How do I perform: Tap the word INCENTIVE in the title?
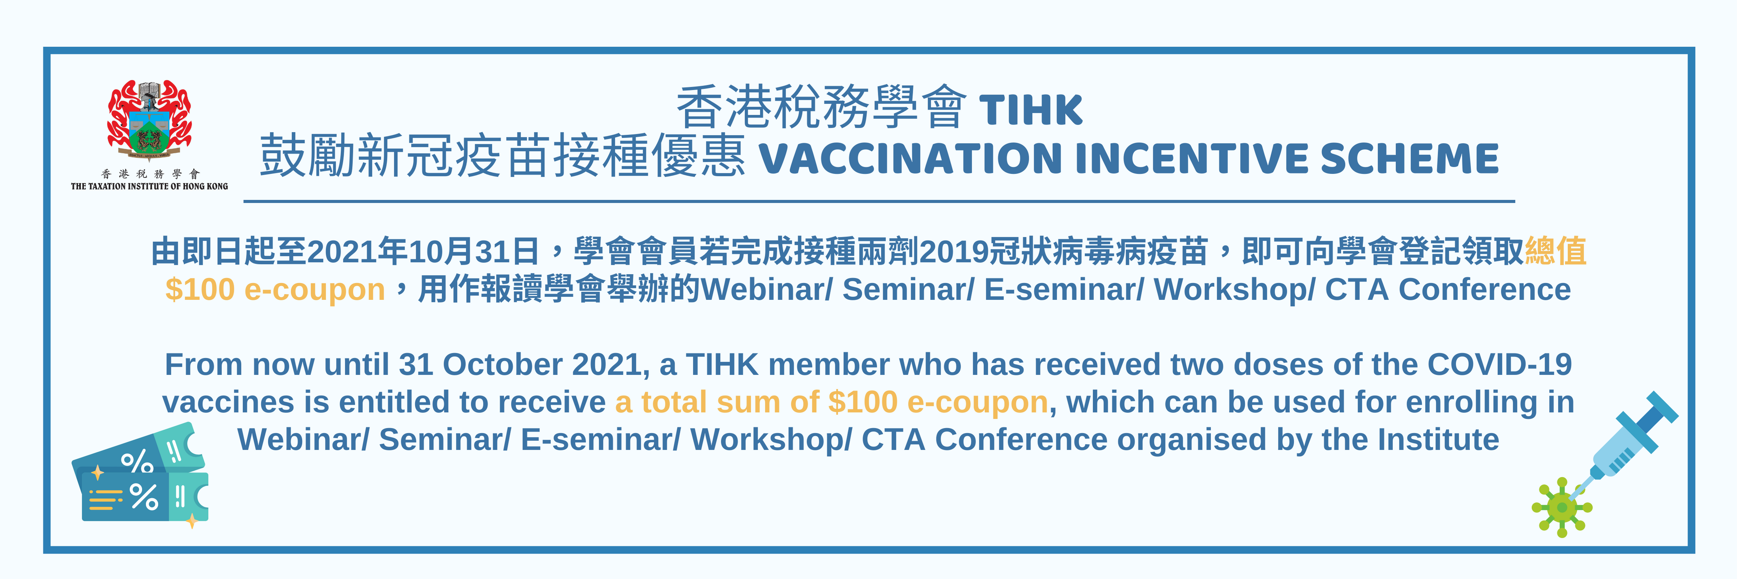point(1190,159)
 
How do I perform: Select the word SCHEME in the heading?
point(1409,159)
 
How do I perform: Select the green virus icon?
point(1562,507)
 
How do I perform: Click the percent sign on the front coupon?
point(144,497)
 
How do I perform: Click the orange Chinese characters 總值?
point(1555,251)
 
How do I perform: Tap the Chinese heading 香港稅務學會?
point(821,108)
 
